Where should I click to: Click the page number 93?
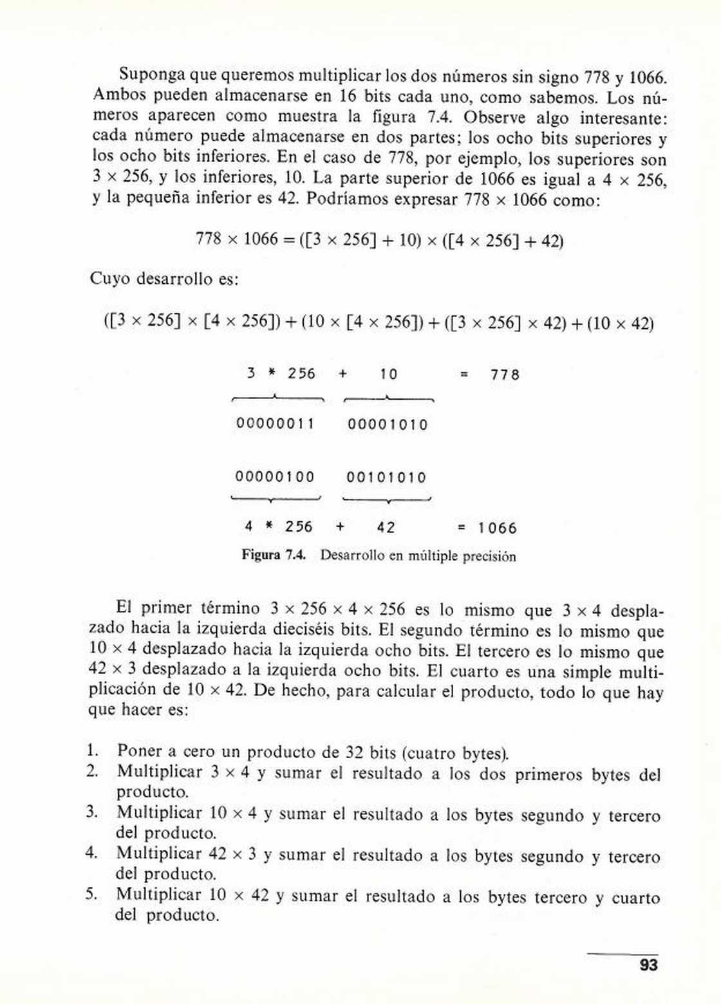coord(649,965)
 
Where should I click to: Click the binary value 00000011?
coord(276,423)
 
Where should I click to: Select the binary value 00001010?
coord(388,424)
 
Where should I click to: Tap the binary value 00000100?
coord(275,477)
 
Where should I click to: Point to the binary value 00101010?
coord(386,478)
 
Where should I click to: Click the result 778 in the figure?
coord(505,375)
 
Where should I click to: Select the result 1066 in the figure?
coord(497,528)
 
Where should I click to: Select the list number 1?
coord(92,750)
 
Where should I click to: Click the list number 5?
coord(92,893)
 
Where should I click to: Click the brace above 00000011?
coord(277,398)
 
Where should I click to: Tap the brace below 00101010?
coord(386,499)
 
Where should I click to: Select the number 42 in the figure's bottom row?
coord(386,528)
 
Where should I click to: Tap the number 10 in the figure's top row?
coord(388,374)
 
